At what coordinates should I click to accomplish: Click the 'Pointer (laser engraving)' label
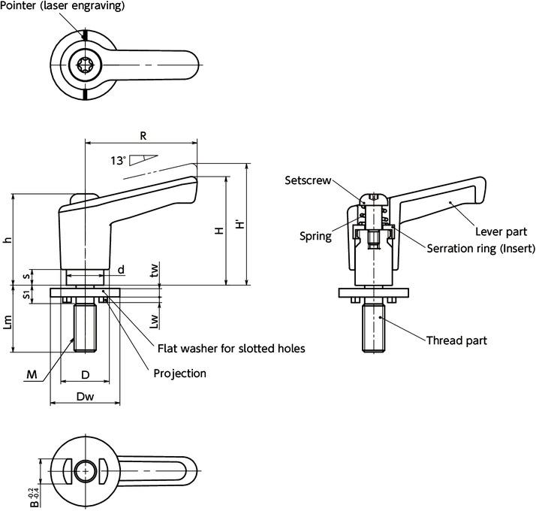(x=62, y=6)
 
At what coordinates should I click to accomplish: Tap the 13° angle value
(x=117, y=160)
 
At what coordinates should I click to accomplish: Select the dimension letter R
(x=142, y=135)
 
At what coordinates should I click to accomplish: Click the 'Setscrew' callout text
(x=305, y=180)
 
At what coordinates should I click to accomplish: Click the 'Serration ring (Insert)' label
(x=480, y=249)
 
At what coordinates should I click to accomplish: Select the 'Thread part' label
(x=456, y=340)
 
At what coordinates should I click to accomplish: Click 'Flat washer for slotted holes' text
(x=230, y=349)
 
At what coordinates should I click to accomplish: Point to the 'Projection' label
(x=179, y=373)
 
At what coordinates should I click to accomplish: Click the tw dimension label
(x=154, y=271)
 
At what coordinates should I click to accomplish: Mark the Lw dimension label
(x=154, y=321)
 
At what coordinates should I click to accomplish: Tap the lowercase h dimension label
(x=8, y=240)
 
